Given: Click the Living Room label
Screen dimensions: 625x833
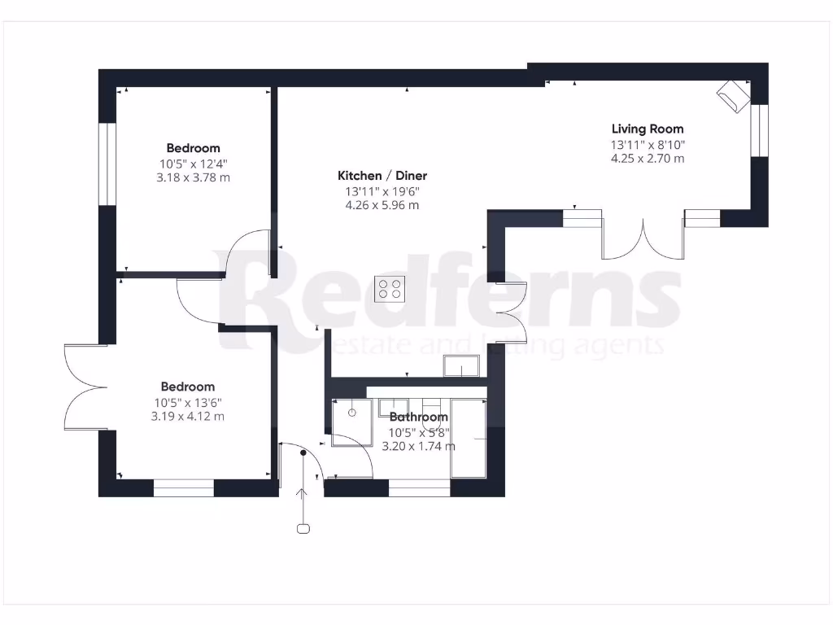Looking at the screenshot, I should pos(648,129).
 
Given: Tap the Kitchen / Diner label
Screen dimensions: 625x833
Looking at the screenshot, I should pos(382,176).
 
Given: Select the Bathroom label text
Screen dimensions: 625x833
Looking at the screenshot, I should pos(418,417).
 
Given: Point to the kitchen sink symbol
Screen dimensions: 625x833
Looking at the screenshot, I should pos(461,366).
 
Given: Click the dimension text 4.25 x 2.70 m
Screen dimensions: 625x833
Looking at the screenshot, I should pos(648,159).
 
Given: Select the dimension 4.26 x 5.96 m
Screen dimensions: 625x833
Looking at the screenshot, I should pos(382,206).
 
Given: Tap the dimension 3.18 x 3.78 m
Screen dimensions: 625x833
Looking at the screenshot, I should pos(193,177).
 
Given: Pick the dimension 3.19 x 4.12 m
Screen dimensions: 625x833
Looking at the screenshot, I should pos(187,417).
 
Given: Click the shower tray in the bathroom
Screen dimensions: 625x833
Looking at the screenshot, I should pos(351,423).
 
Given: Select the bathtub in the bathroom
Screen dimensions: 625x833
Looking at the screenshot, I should pos(469,439).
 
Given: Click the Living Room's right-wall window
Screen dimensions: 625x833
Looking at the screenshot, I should pos(759,130).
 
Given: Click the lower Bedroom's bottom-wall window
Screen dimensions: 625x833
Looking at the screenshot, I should pos(184,488).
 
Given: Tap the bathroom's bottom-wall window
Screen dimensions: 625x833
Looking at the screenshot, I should pos(419,488).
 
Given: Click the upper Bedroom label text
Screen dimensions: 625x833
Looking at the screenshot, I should pos(193,148).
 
